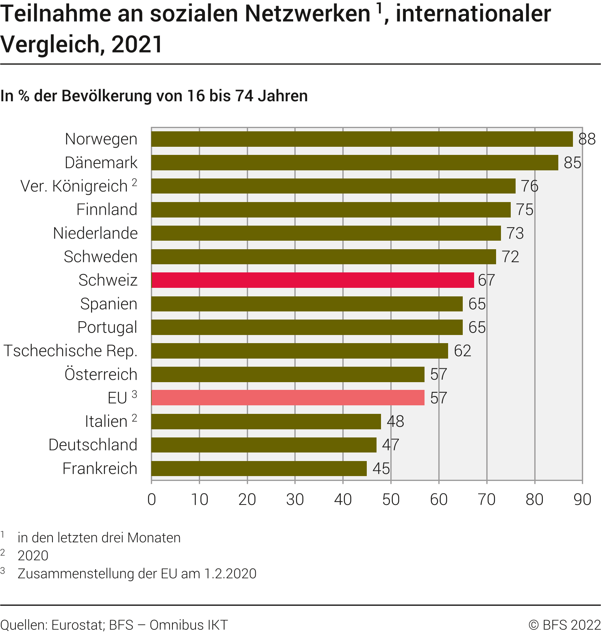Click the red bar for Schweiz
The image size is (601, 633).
pos(312,280)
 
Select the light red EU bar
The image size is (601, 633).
pos(287,398)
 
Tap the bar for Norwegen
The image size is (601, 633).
pos(362,139)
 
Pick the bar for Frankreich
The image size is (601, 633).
pos(259,468)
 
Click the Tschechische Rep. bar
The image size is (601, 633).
pos(299,351)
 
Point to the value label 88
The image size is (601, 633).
pos(587,139)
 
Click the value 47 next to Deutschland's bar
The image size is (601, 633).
pos(390,445)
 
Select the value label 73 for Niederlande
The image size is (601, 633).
pos(515,233)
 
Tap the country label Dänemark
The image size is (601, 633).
pos(101,163)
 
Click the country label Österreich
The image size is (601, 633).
pos(101,374)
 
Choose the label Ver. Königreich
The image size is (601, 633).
pos(74,186)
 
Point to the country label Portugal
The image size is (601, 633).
pos(107,327)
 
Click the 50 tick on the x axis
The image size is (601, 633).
pos(391,499)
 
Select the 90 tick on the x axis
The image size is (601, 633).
pos(582,499)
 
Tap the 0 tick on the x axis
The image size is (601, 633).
pos(152,499)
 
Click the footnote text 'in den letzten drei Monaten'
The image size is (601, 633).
pos(99,537)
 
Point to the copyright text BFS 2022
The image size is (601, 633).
pos(571,625)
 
